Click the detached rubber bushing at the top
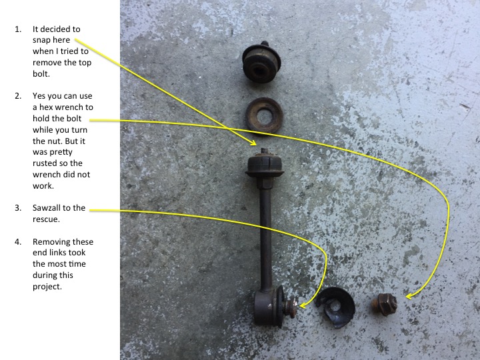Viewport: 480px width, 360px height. point(261,63)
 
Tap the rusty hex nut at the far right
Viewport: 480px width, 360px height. point(385,304)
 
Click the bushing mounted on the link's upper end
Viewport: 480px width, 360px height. point(265,165)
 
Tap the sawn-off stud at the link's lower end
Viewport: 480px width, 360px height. point(290,307)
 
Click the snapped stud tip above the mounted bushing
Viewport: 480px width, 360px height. point(264,151)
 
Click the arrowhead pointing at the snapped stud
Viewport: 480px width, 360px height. point(253,142)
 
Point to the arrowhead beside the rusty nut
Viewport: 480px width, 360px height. point(409,296)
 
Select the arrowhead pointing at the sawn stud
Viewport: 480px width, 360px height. point(303,305)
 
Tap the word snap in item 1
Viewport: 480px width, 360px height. point(42,41)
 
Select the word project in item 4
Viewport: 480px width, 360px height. point(46,287)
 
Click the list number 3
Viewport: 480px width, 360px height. point(18,208)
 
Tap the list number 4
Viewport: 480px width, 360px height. point(18,242)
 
